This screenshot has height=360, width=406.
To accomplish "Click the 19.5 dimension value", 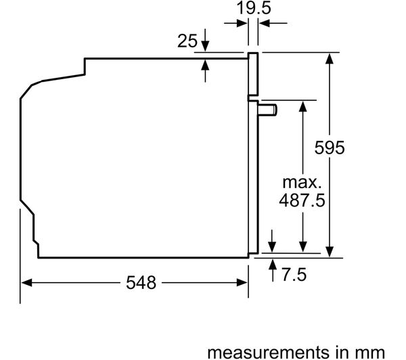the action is [x=254, y=7].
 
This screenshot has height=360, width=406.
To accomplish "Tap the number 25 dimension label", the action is [x=187, y=41].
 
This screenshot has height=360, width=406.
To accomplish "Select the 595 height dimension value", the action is [x=330, y=148].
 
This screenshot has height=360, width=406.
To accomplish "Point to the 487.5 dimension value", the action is [x=302, y=200].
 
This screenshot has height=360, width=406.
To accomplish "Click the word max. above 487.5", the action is [x=302, y=182].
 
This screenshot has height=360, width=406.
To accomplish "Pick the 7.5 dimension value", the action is [x=294, y=275].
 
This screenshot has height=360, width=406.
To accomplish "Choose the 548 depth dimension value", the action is [x=141, y=283].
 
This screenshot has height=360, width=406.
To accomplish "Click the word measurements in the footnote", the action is [x=268, y=353].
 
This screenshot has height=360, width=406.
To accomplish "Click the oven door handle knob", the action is [x=267, y=110].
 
